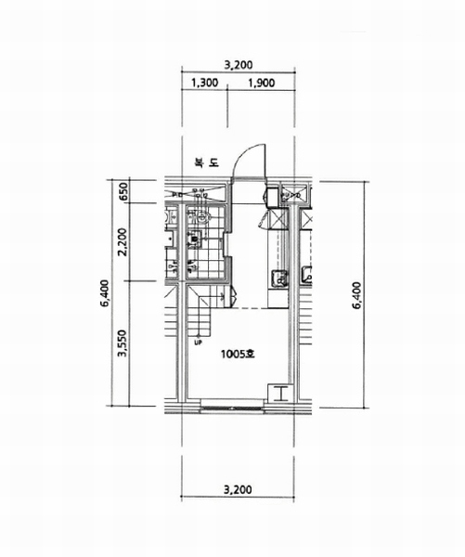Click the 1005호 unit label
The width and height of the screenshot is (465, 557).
pyautogui.click(x=238, y=355)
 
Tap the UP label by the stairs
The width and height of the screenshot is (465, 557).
pyautogui.click(x=198, y=343)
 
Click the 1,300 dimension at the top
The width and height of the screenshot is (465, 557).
pyautogui.click(x=204, y=83)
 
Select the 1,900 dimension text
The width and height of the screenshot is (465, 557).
pyautogui.click(x=262, y=83)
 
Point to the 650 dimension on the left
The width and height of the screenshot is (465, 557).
pyautogui.click(x=123, y=192)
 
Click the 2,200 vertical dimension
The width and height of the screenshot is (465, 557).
pyautogui.click(x=123, y=242)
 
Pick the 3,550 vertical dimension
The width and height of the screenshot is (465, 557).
pyautogui.click(x=123, y=343)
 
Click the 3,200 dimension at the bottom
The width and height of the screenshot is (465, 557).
pyautogui.click(x=238, y=490)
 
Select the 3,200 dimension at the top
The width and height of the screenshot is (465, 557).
pyautogui.click(x=239, y=65)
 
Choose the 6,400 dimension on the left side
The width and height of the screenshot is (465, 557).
pyautogui.click(x=105, y=293)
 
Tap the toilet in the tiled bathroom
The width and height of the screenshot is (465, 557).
pyautogui.click(x=201, y=216)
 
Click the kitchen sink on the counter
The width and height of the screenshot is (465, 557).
pyautogui.click(x=279, y=278)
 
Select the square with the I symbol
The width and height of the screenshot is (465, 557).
pyautogui.click(x=280, y=394)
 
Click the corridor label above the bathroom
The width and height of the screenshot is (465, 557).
pyautogui.click(x=207, y=162)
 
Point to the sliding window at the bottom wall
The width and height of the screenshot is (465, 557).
pyautogui.click(x=232, y=406)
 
